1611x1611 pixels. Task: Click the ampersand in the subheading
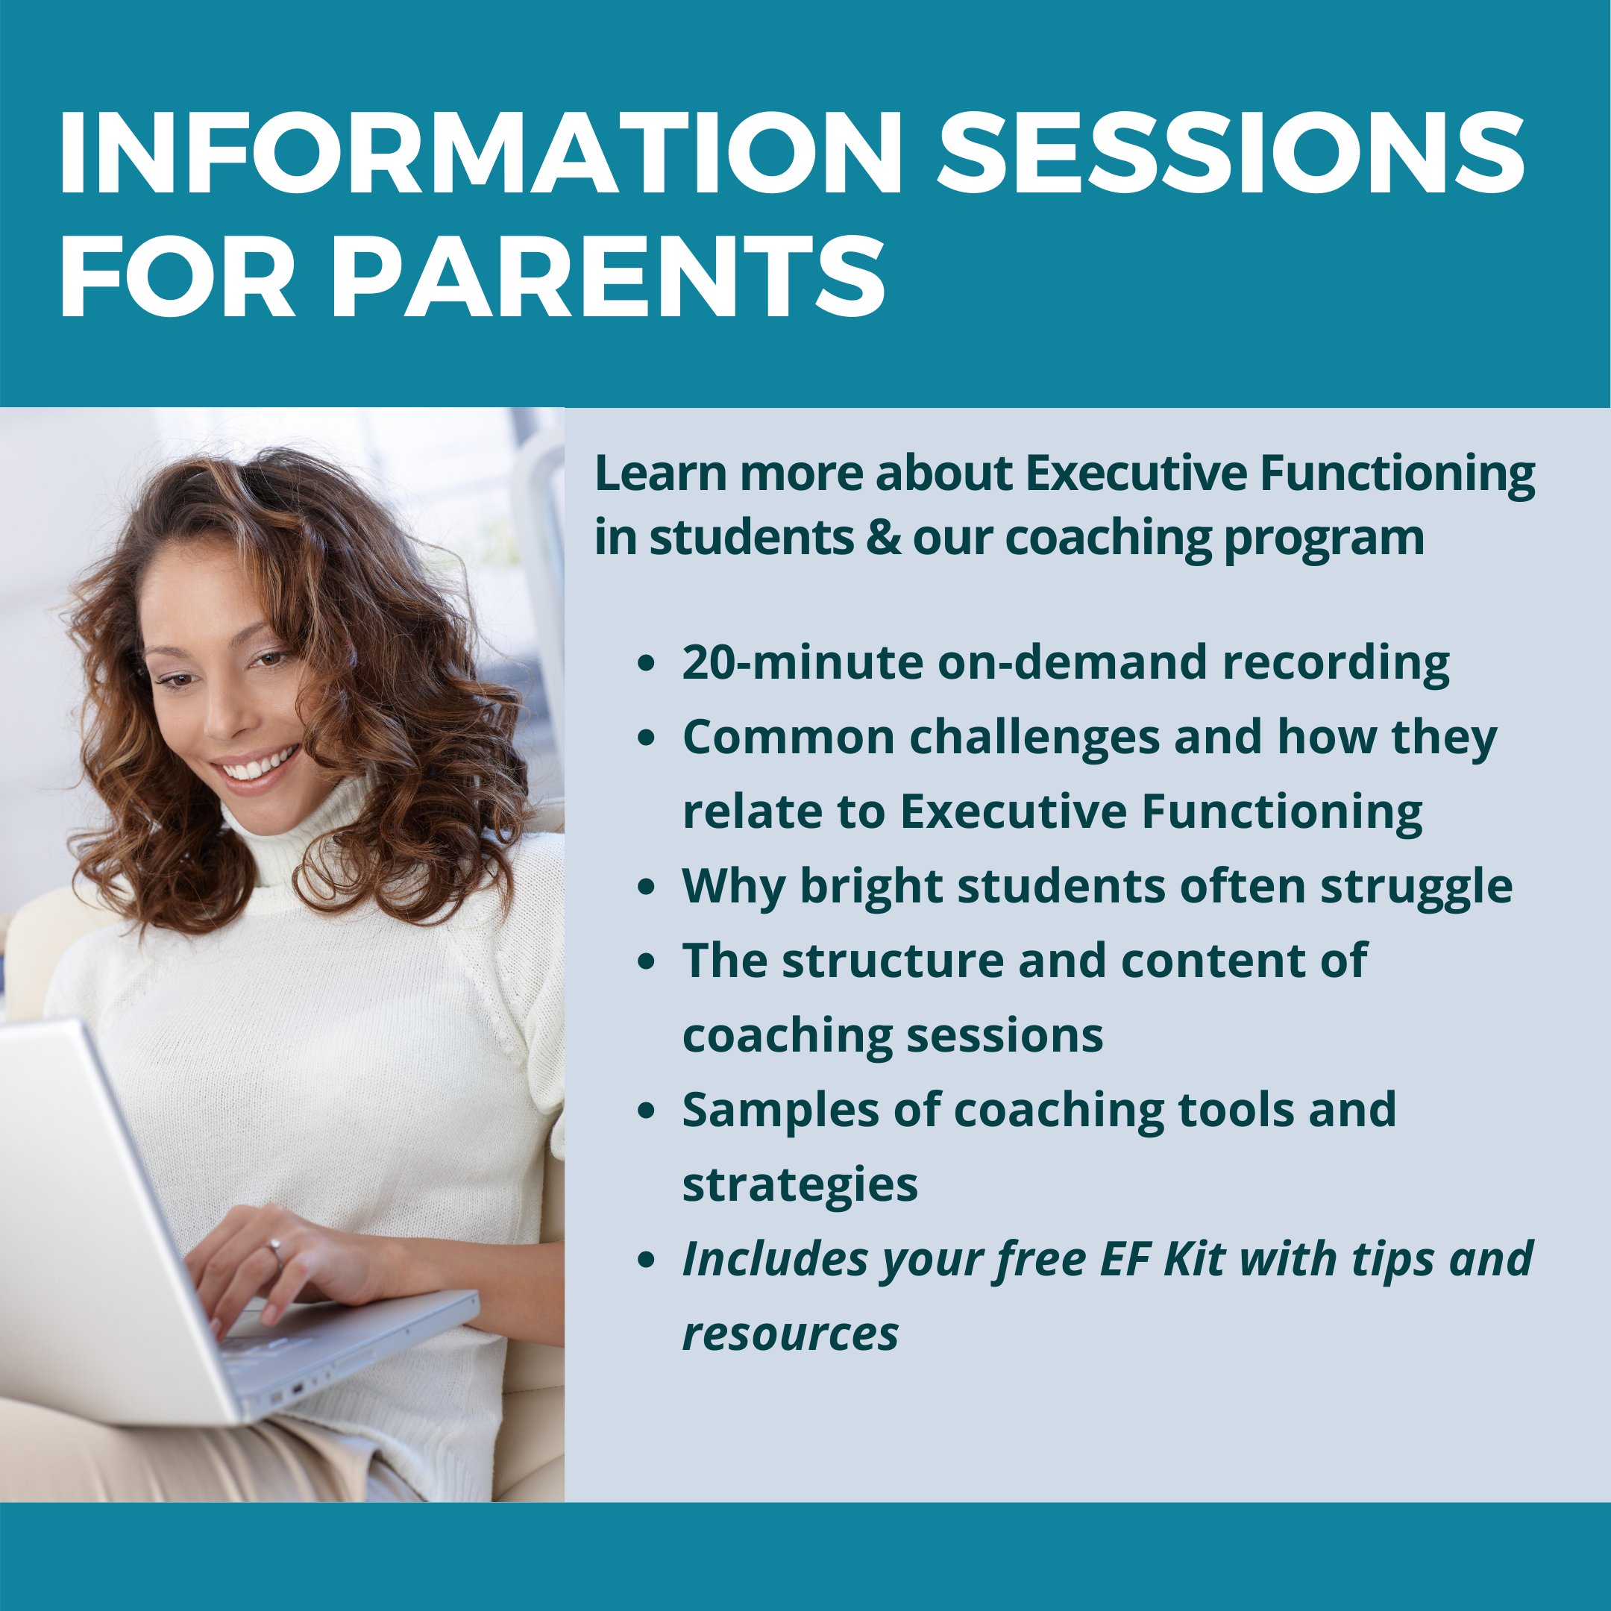click(x=883, y=538)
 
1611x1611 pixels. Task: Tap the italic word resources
click(x=790, y=1335)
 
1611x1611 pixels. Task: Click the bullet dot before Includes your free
click(x=646, y=1260)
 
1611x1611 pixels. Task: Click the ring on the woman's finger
click(x=274, y=1248)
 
